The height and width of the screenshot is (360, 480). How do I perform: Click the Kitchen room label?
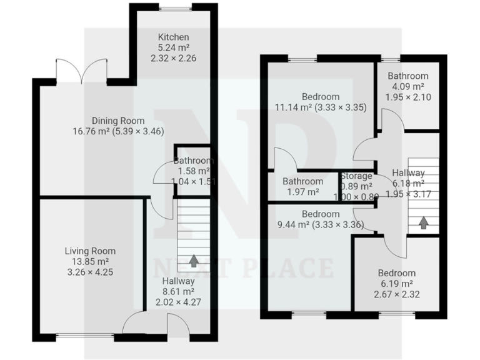(173, 37)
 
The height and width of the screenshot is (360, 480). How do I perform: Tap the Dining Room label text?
(118, 121)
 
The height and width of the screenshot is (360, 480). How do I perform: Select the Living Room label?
(90, 251)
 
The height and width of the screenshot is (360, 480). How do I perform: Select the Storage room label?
(356, 176)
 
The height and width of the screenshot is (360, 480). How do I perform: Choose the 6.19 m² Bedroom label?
(396, 273)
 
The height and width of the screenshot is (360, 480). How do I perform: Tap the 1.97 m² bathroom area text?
(302, 192)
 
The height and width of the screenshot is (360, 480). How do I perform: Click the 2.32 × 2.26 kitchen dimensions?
(173, 59)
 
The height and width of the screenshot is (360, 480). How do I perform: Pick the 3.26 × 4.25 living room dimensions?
(90, 272)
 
